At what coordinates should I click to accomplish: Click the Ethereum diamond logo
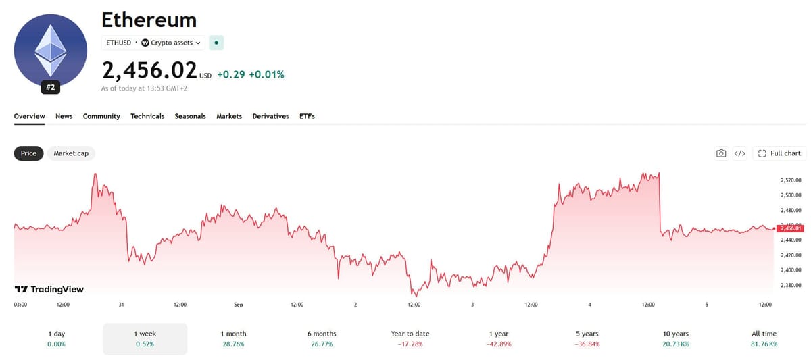point(50,50)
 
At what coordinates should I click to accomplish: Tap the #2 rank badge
point(50,87)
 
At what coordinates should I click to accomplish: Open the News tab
point(64,116)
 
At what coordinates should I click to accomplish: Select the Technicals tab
point(147,116)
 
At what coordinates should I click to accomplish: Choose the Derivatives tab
point(270,116)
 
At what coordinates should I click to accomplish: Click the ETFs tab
point(307,116)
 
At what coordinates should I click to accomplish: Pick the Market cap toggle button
point(71,153)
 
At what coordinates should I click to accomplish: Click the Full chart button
point(779,153)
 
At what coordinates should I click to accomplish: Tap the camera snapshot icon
point(721,153)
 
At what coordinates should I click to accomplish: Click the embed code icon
point(739,153)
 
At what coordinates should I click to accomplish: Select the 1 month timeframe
point(234,338)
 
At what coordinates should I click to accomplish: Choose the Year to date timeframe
point(410,338)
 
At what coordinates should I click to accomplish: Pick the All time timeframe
point(764,338)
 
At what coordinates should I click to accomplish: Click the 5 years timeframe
point(587,338)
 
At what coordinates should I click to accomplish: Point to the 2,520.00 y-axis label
point(791,180)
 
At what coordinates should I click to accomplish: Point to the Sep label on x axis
point(238,305)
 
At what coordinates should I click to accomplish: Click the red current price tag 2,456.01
point(790,228)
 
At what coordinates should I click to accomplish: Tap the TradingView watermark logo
point(49,289)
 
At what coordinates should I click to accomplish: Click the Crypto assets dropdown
point(171,43)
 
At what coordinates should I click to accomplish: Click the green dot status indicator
point(216,43)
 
